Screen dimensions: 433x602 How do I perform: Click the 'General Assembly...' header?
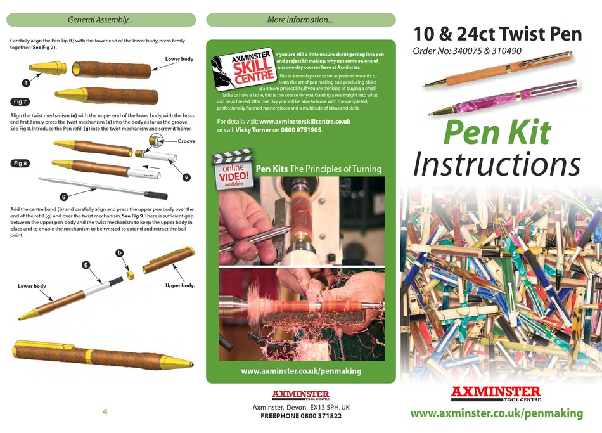tap(101, 20)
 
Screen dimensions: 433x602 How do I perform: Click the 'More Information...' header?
tap(300, 20)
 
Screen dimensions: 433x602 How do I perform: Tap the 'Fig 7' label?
tap(21, 101)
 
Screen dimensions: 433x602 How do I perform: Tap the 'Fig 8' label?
tap(21, 164)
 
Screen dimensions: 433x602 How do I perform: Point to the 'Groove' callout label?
tap(186, 141)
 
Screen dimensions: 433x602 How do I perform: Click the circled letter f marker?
tap(25, 82)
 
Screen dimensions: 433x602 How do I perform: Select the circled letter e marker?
tap(186, 178)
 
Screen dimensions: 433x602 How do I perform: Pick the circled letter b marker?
tap(119, 253)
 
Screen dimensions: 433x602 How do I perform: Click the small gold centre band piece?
tap(131, 276)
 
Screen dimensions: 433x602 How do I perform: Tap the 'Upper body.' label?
tap(180, 286)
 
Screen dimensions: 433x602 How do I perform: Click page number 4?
tap(105, 411)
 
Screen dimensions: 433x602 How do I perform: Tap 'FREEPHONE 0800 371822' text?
tap(301, 416)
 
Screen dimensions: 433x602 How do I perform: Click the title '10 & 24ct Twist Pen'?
tap(497, 34)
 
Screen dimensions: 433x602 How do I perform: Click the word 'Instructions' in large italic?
tap(497, 164)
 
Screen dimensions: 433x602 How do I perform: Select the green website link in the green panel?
tap(301, 371)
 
